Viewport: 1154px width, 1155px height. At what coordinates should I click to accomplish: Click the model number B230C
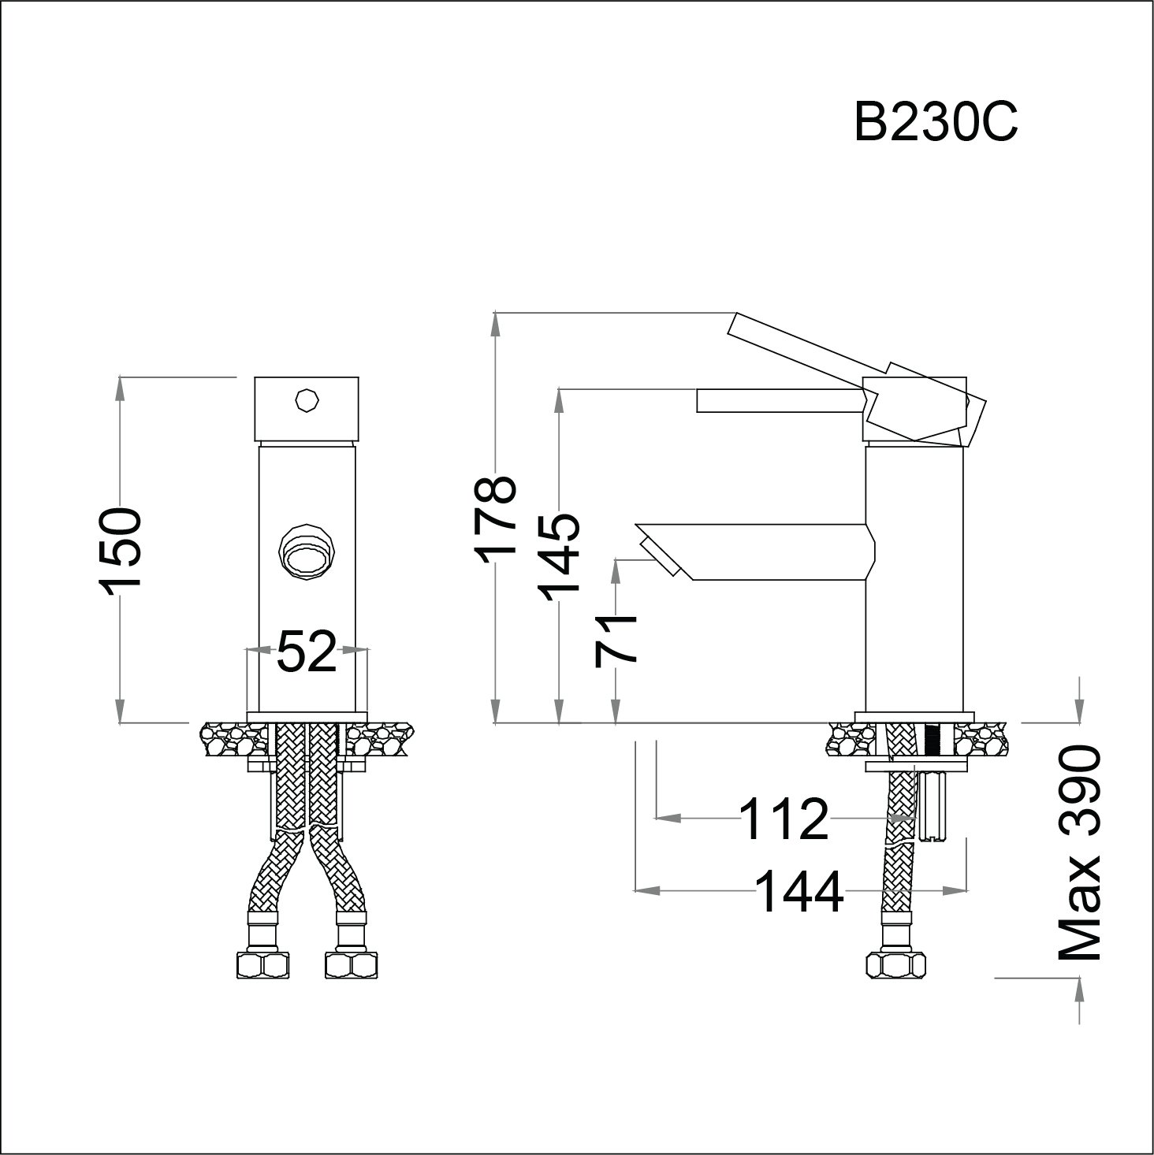pos(936,121)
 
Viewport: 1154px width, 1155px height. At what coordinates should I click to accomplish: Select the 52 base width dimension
pos(306,651)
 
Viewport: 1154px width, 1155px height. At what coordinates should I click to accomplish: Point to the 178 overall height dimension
pos(495,520)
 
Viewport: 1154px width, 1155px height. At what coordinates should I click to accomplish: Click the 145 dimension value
pos(559,558)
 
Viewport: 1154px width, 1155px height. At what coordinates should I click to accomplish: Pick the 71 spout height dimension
pos(616,641)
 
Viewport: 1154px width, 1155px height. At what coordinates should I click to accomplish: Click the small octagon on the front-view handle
pos(307,399)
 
